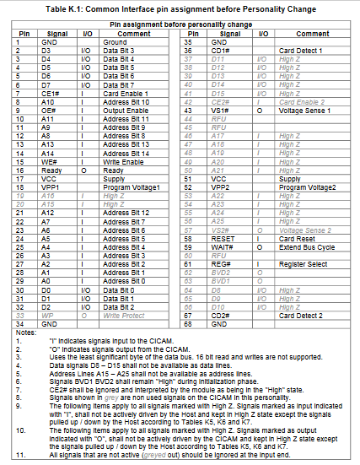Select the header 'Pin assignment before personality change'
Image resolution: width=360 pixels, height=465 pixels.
180,25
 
